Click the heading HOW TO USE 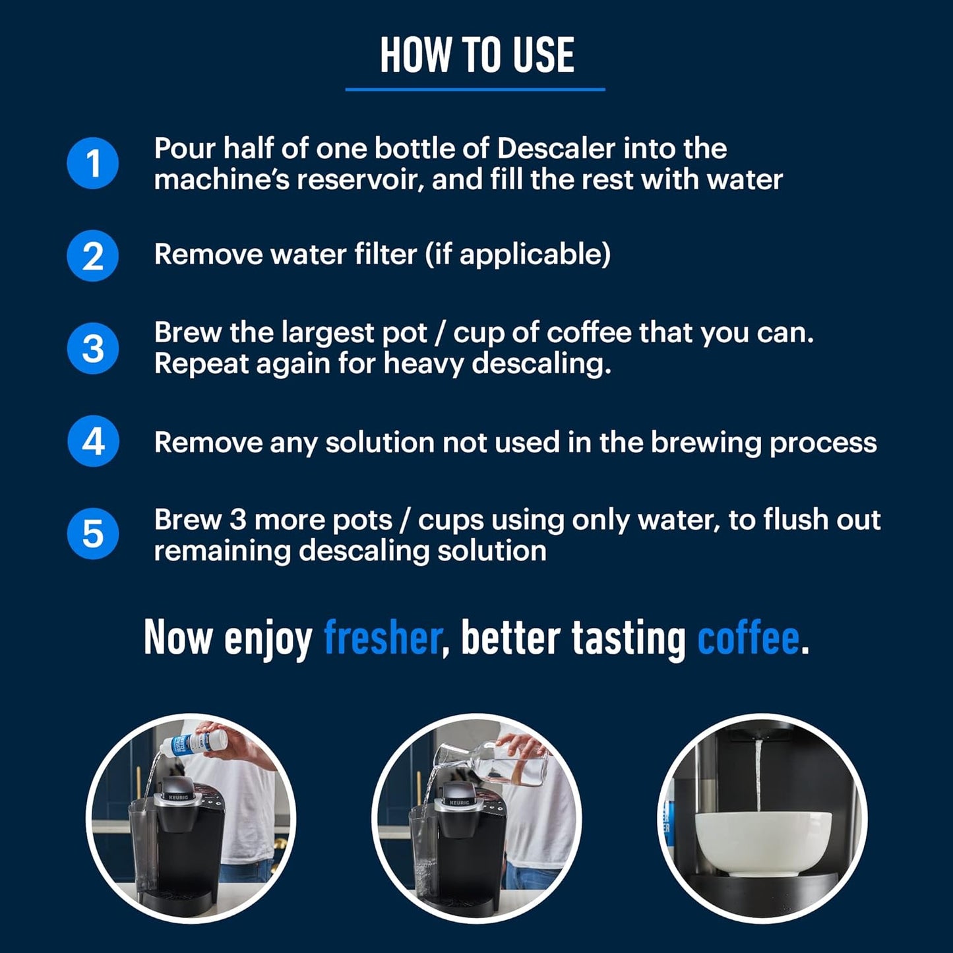tap(476, 55)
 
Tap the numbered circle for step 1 tap(93, 163)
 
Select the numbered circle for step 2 tap(93, 256)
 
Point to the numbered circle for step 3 tap(93, 349)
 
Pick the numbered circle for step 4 tap(93, 441)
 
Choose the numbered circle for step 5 tap(93, 534)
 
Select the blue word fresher tap(382, 638)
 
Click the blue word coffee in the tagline tap(748, 638)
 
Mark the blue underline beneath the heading tap(475, 89)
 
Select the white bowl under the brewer tap(763, 842)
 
